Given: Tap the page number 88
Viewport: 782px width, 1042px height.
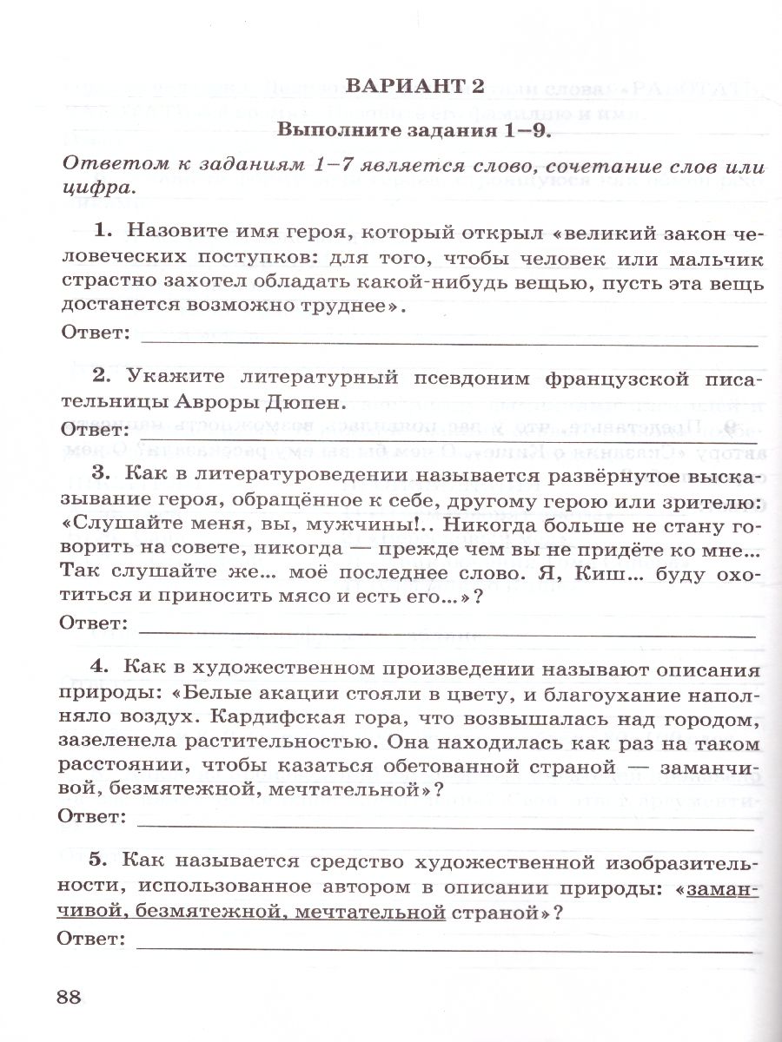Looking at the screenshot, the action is point(70,997).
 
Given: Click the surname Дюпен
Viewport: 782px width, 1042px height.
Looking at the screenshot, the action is point(295,403).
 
